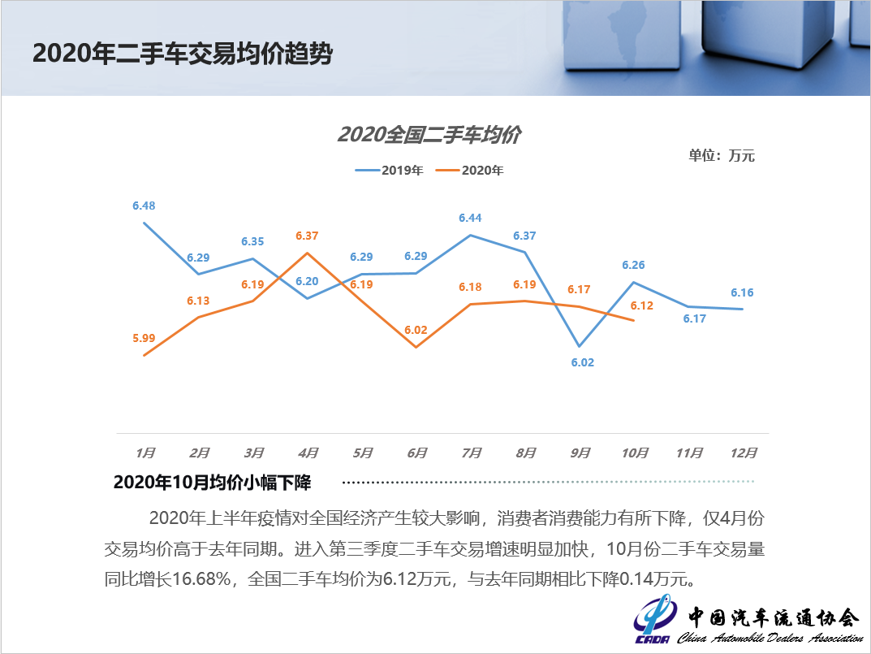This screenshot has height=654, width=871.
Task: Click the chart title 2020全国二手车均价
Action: click(429, 135)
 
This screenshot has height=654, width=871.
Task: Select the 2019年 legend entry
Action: click(389, 171)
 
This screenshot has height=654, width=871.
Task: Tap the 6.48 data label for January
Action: click(144, 206)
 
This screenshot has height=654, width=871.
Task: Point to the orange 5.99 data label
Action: click(144, 337)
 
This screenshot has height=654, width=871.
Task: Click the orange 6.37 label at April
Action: click(307, 236)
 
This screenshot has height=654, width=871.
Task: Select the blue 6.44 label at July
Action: click(470, 218)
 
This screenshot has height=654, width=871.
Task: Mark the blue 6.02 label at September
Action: click(582, 362)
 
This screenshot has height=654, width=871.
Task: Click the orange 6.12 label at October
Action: click(641, 305)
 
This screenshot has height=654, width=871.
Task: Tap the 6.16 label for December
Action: click(742, 292)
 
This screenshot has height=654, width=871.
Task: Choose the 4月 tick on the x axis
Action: click(308, 453)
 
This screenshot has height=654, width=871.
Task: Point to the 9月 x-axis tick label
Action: click(580, 453)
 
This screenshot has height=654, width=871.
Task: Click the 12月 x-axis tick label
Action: click(744, 453)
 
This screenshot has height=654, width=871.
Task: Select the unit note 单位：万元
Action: click(721, 155)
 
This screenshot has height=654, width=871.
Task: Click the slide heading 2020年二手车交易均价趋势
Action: click(183, 54)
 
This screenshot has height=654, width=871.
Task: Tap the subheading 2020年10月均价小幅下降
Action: click(212, 482)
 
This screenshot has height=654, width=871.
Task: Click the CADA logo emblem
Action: click(654, 622)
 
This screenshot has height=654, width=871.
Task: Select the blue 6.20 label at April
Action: click(307, 281)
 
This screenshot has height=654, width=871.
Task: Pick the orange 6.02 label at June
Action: click(416, 331)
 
